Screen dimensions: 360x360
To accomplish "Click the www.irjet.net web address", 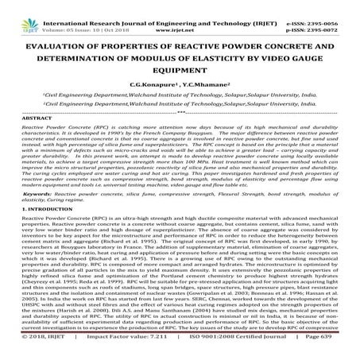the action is (x=184, y=12).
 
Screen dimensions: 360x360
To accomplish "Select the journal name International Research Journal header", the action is (x=103, y=4).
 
